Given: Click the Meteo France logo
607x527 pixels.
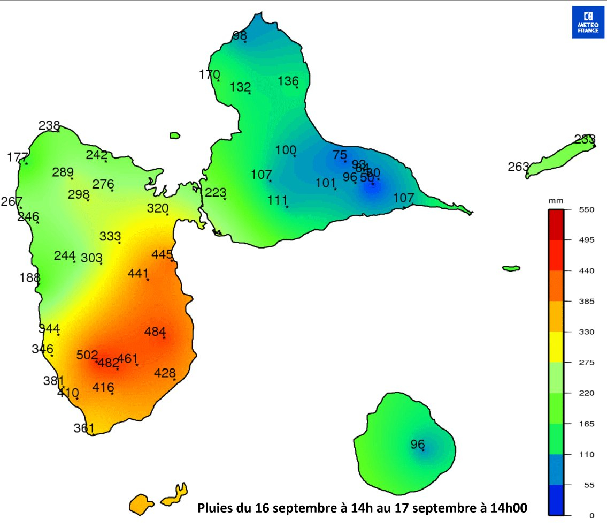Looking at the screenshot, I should point(588,22).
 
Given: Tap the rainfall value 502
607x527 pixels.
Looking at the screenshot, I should point(87,355).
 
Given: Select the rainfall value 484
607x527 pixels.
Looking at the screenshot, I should point(155,332).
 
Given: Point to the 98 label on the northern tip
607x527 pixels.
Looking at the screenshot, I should point(240,35).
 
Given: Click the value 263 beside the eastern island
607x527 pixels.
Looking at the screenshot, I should point(518,167).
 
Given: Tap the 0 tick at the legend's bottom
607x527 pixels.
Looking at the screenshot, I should point(591,516).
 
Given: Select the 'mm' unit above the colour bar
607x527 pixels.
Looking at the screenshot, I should point(556,200).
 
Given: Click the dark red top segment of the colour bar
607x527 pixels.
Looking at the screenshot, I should point(556,224).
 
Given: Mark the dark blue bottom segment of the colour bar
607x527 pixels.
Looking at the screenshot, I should point(556,500).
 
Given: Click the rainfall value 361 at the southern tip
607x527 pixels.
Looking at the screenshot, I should point(84,428).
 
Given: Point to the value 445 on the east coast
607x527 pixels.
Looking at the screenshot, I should point(162,254).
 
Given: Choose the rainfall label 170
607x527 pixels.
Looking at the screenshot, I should point(209,74).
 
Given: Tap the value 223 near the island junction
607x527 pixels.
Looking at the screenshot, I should point(216,192).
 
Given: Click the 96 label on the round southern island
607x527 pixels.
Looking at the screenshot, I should point(418,444).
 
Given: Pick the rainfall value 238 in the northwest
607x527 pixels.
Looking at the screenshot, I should point(49,125).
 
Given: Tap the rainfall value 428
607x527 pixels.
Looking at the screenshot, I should point(165,373).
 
